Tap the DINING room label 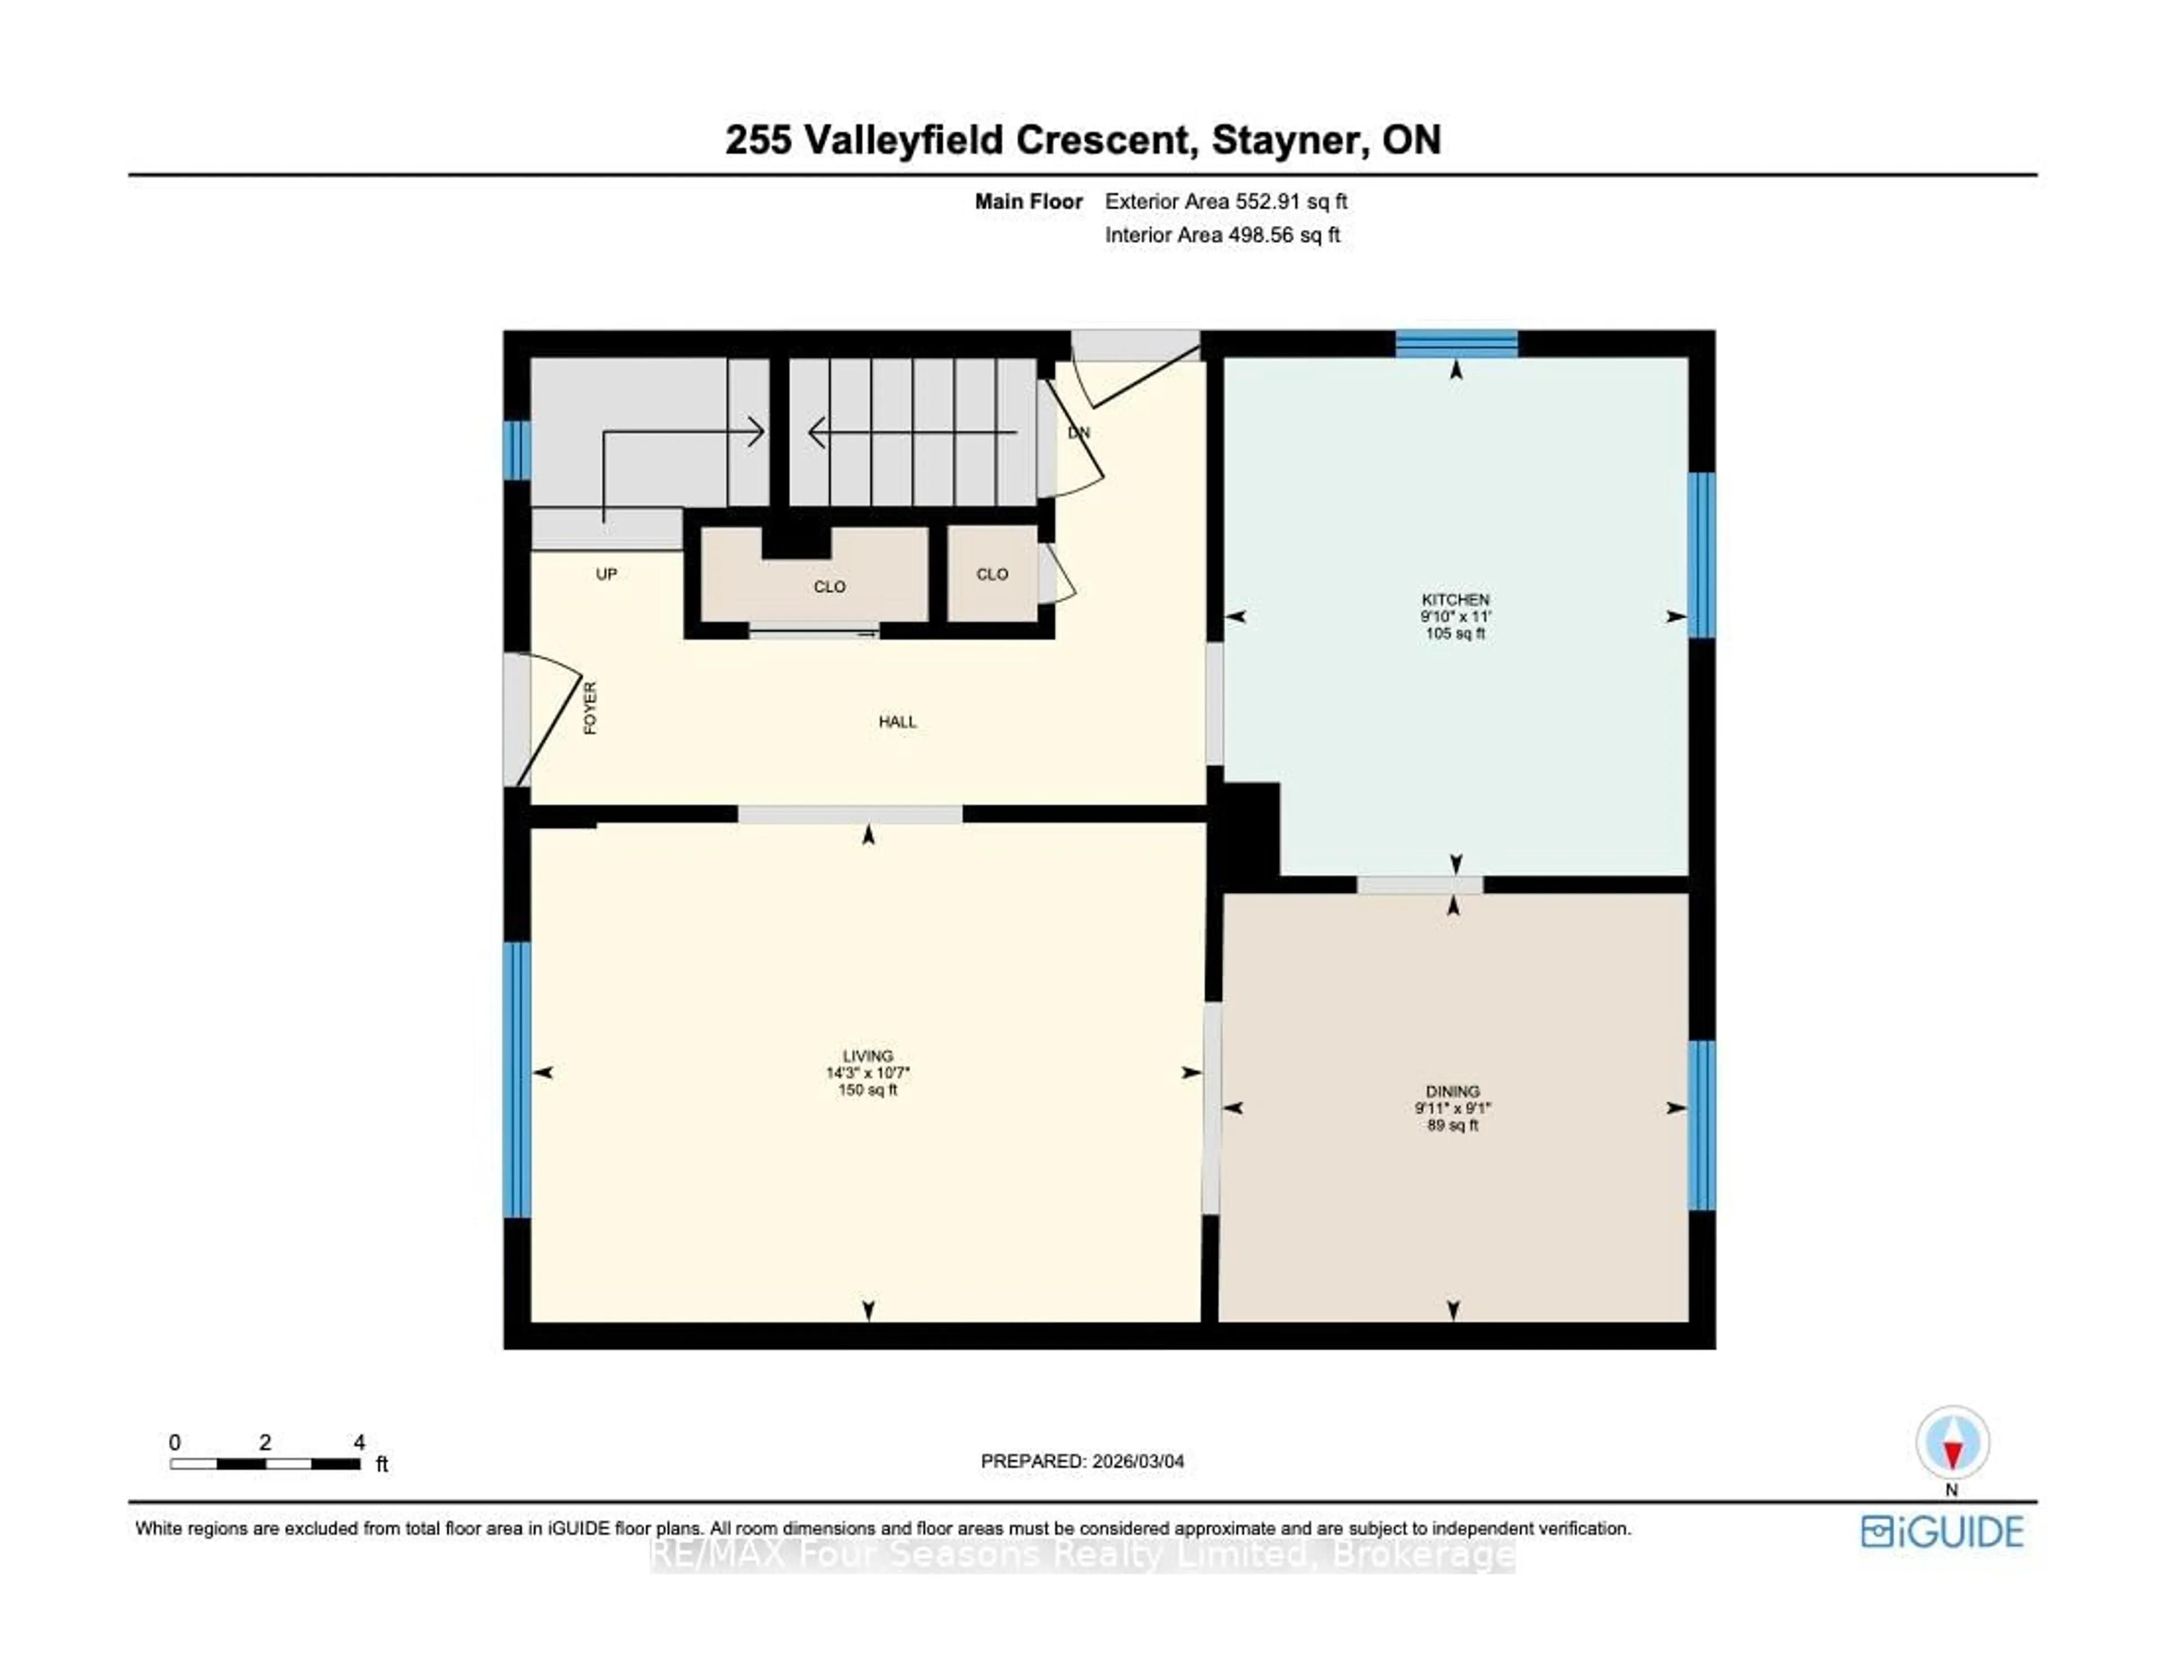(1452, 1091)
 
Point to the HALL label (897, 721)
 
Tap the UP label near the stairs (606, 574)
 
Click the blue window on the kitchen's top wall (1456, 343)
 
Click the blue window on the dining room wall (1701, 1125)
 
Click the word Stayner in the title (1285, 140)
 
